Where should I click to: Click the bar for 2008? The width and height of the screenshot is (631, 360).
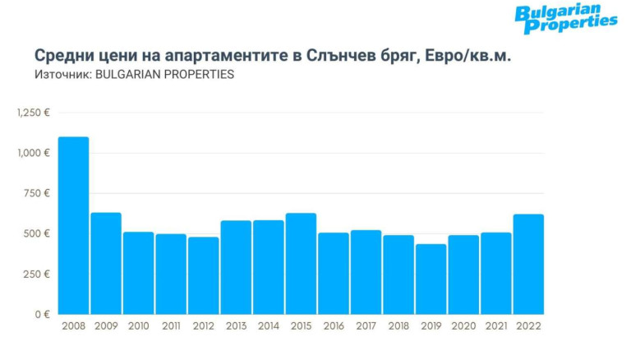point(73,225)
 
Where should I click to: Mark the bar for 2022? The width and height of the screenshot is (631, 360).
point(528,264)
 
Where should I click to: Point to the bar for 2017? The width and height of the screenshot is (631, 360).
point(366,272)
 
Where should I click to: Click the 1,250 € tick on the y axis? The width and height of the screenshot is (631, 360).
point(33,113)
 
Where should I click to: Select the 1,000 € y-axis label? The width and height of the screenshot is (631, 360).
point(33,153)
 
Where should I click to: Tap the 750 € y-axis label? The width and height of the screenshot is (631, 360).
point(37,193)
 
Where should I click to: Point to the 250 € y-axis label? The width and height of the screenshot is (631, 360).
point(37,274)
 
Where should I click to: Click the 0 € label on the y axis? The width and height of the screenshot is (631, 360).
point(41,314)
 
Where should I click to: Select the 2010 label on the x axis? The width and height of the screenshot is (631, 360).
point(138,327)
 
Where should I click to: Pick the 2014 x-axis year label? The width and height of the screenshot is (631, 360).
point(269,327)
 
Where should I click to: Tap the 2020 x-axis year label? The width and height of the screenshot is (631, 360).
point(463,327)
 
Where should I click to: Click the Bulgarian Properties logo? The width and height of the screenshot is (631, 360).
point(565,19)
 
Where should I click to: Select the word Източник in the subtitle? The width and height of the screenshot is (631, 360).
point(63,74)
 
